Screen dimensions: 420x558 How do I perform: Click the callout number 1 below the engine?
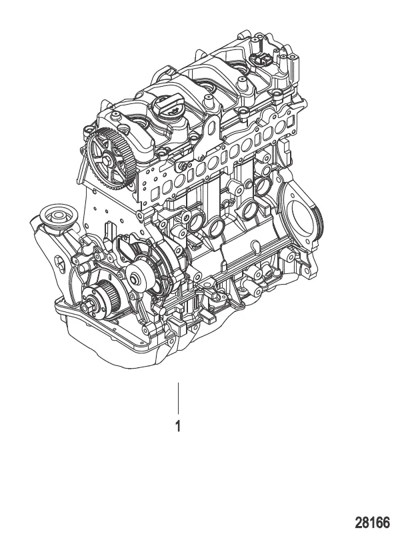click(178, 425)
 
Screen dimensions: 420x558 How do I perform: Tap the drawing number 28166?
click(372, 523)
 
